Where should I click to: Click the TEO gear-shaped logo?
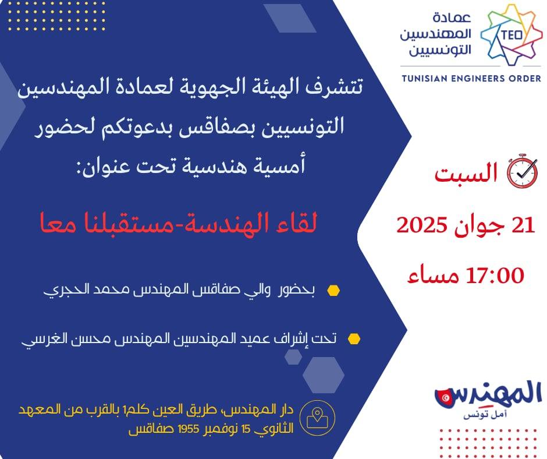(x=512, y=34)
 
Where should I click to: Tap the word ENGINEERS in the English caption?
(x=478, y=78)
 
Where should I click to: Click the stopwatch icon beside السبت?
(x=522, y=171)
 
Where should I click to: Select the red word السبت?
(x=466, y=172)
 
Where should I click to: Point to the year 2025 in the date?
(x=422, y=225)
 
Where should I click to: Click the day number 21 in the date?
(x=523, y=225)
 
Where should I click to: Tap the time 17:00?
(x=495, y=275)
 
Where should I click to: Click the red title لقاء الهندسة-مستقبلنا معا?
(x=178, y=223)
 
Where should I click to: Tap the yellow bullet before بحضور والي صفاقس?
(x=333, y=291)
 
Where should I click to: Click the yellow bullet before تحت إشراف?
(x=354, y=339)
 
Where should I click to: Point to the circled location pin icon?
(x=318, y=418)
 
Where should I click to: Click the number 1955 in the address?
(x=189, y=429)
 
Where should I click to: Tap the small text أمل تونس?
(x=485, y=415)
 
